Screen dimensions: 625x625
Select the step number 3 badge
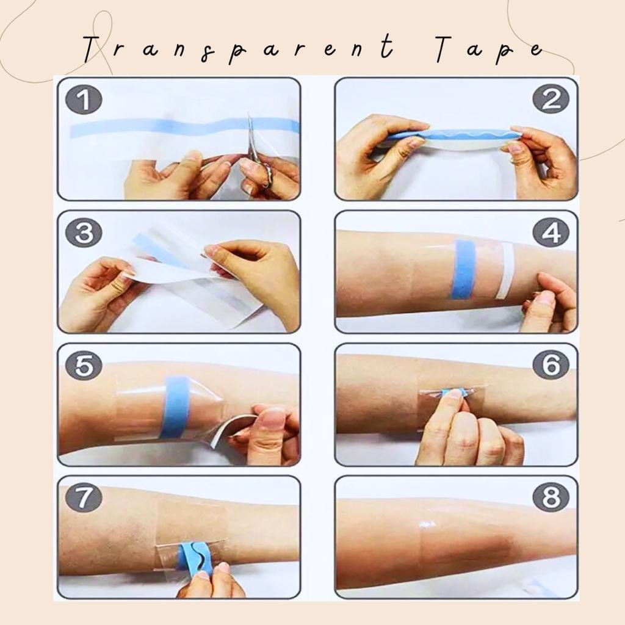coord(84,233)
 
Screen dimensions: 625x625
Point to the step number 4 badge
coord(551,233)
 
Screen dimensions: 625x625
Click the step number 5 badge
coord(84,366)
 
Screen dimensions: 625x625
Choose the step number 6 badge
coord(551,366)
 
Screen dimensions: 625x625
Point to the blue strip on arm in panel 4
coord(463,269)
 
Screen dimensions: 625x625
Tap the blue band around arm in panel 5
coord(175,406)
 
